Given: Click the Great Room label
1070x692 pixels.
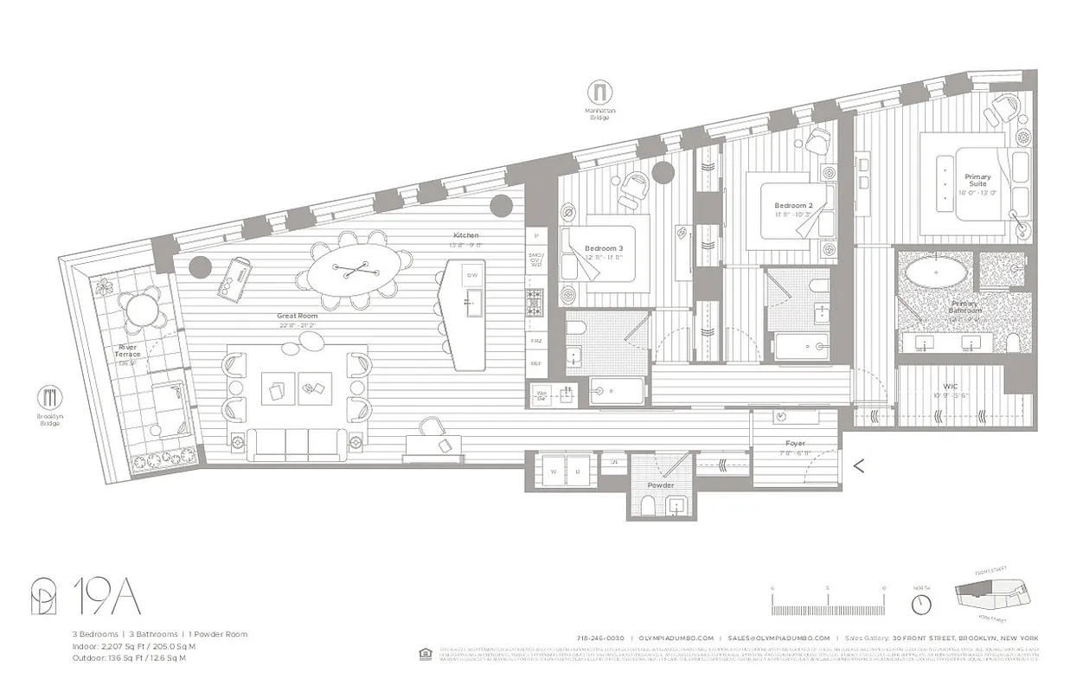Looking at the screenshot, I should [297, 316].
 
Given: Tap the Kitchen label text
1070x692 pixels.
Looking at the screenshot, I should [465, 235].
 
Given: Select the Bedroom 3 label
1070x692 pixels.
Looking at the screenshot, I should [603, 247].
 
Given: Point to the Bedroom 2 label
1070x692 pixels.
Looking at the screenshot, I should [792, 206].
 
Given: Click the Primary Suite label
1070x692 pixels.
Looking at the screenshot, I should [977, 180].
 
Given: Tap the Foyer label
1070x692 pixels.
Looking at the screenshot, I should [796, 444].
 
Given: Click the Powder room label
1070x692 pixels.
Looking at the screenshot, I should [661, 485].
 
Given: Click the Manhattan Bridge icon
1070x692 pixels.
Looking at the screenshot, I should [599, 92].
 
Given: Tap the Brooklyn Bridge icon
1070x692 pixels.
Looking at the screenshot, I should [49, 398].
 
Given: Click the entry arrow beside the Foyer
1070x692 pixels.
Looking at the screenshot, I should [859, 465].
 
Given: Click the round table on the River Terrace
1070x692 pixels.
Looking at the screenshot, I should [138, 307].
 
